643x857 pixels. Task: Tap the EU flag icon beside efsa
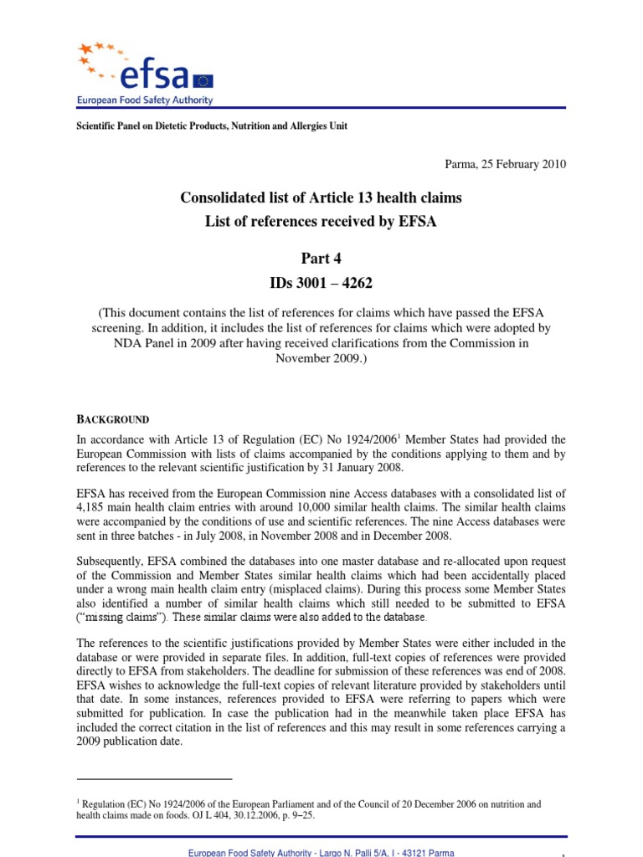[203, 80]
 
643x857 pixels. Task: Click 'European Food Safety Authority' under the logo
[145, 100]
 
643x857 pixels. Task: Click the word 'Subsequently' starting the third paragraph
[110, 561]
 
